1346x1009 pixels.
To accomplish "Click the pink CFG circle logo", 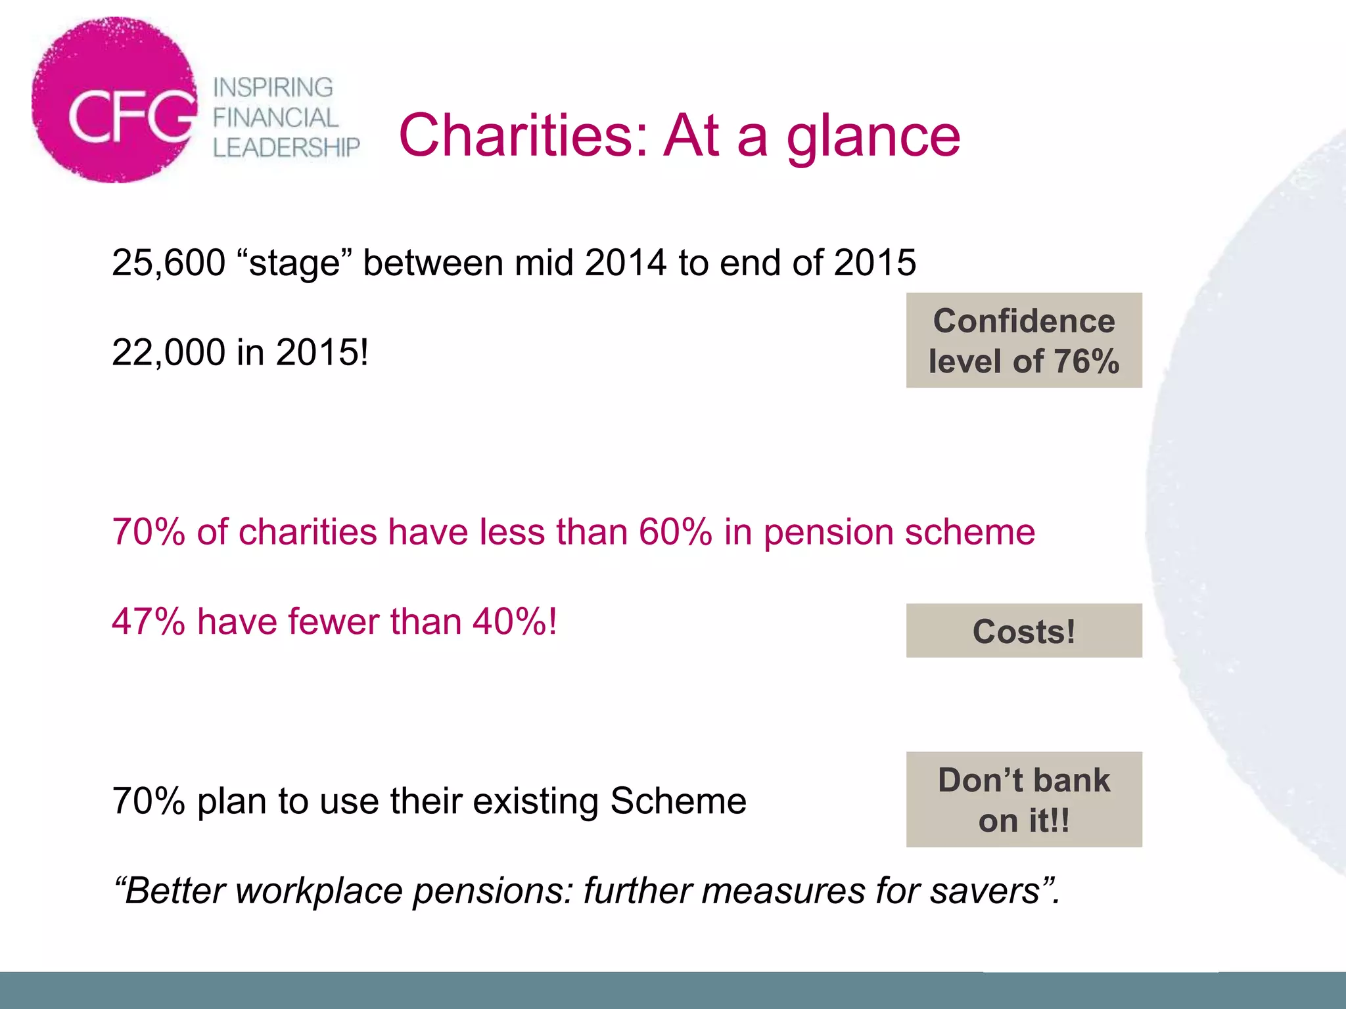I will click(115, 100).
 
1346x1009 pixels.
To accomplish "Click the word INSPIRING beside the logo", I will click(273, 87).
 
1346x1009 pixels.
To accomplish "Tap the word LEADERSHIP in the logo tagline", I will click(287, 148).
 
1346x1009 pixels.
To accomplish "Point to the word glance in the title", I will click(873, 137).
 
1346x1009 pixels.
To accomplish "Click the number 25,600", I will click(168, 263).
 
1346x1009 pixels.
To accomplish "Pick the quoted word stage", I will click(294, 263).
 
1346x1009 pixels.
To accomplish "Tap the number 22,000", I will click(168, 352).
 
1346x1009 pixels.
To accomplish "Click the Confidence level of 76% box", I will click(1024, 340).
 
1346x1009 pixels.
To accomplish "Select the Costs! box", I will click(1024, 631).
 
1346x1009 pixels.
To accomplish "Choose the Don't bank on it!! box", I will click(1024, 799).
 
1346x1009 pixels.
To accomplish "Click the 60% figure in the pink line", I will click(675, 531).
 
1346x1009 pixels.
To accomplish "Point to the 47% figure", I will click(149, 621).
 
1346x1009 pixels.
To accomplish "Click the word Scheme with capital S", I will click(678, 801).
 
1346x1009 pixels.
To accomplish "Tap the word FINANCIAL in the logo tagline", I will click(275, 118).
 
